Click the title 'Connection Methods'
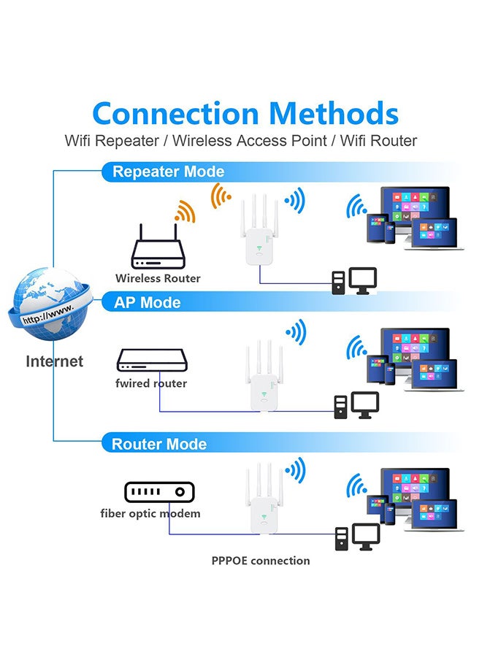pyautogui.click(x=245, y=114)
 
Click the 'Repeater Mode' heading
pyautogui.click(x=168, y=172)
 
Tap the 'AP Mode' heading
pyautogui.click(x=147, y=302)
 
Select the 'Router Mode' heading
pyautogui.click(x=158, y=444)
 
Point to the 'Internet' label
pyautogui.click(x=55, y=361)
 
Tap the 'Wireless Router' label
pyautogui.click(x=158, y=278)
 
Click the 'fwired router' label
pyautogui.click(x=151, y=383)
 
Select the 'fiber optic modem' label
pyautogui.click(x=150, y=513)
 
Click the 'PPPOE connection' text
pyautogui.click(x=261, y=561)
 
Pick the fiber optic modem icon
pyautogui.click(x=159, y=493)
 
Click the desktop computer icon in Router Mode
pyautogui.click(x=358, y=538)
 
